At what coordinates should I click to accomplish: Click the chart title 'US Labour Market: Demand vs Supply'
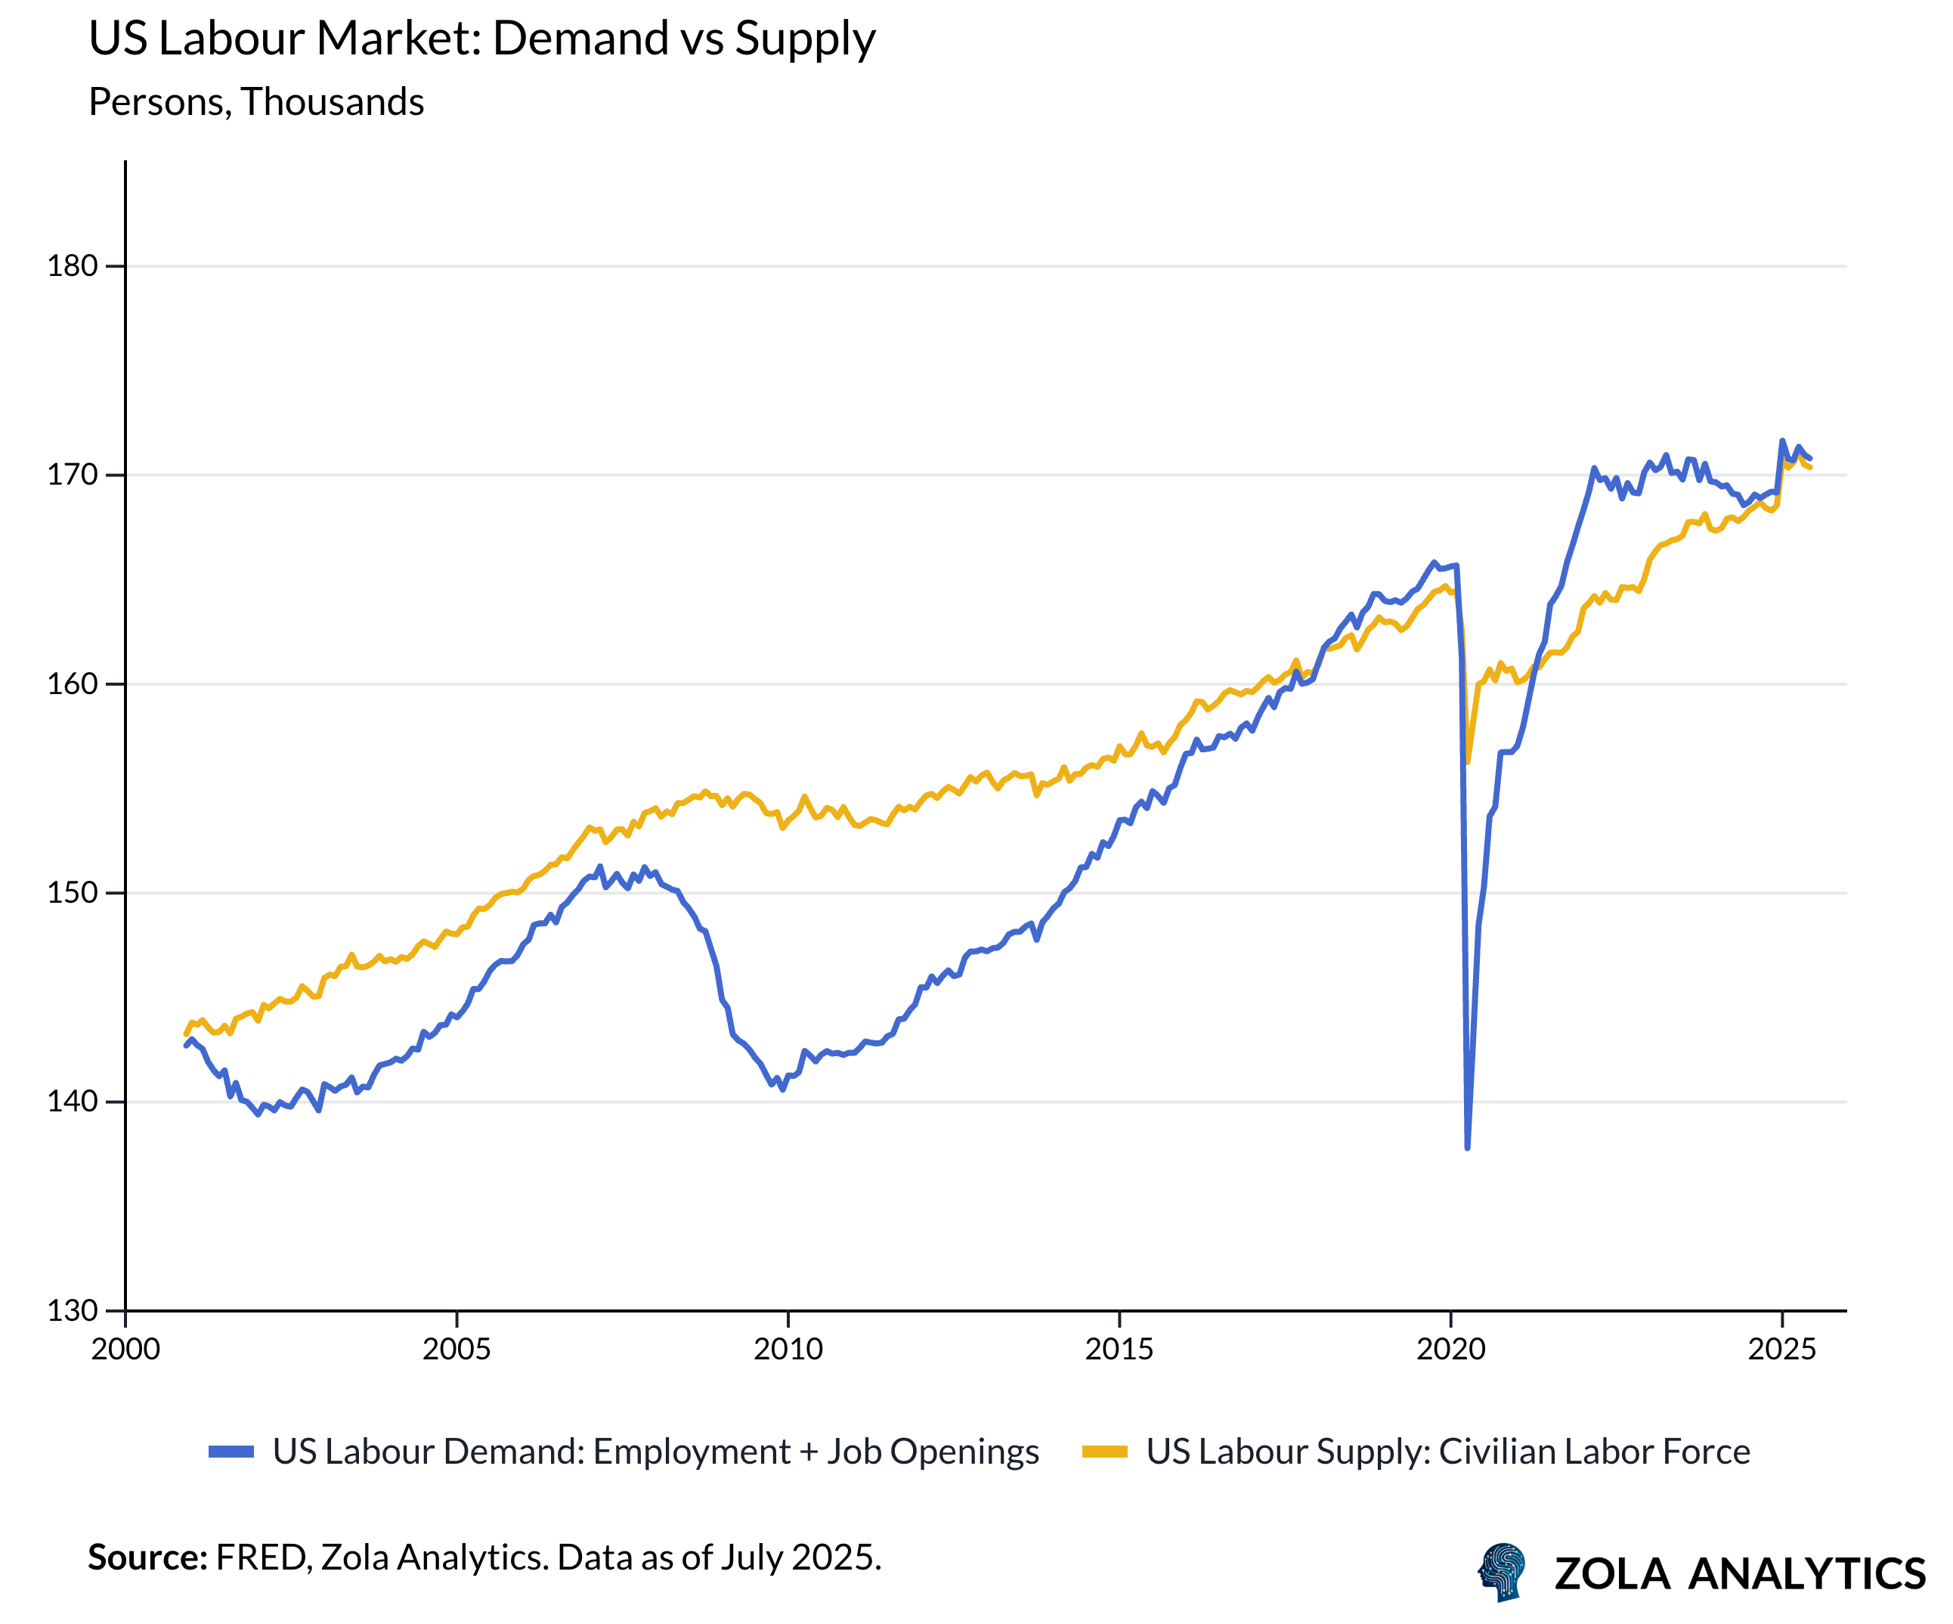tap(481, 39)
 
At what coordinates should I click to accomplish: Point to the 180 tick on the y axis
tap(73, 266)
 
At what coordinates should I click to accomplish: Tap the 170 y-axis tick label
tap(73, 476)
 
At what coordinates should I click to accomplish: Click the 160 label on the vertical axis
tap(73, 683)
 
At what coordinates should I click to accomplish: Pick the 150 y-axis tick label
tap(73, 893)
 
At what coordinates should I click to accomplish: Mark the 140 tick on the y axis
tap(73, 1102)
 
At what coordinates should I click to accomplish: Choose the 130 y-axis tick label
tap(73, 1310)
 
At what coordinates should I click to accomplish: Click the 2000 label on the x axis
tap(125, 1350)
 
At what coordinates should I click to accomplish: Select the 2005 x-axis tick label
tap(457, 1350)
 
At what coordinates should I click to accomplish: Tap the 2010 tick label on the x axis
tap(788, 1350)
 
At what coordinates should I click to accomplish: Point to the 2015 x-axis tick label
tap(1119, 1350)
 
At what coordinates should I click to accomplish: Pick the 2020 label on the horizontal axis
tap(1451, 1350)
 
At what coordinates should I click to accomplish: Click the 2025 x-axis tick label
tap(1782, 1350)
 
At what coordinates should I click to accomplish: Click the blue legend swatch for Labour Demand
tap(231, 1452)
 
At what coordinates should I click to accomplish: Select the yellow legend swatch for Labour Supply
tap(1105, 1452)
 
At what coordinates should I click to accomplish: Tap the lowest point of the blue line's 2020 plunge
tap(1468, 1148)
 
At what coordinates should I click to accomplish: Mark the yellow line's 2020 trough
tap(1468, 762)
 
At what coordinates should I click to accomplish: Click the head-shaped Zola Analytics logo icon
tap(1502, 1573)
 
